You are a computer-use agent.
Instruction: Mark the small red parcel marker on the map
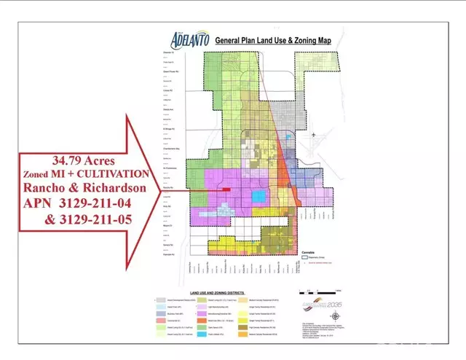226,191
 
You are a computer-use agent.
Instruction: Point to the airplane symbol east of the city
314,136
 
